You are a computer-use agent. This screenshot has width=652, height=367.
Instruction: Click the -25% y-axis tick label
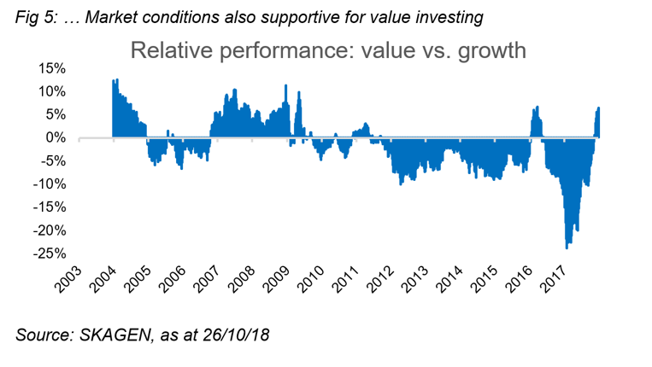(x=50, y=253)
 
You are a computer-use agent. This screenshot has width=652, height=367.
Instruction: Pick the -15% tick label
(x=50, y=207)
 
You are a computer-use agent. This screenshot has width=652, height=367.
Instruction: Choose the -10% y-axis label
(x=50, y=184)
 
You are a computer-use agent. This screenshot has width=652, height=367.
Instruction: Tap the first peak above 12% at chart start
(x=115, y=81)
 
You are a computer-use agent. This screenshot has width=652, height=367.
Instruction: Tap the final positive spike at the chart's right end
(x=599, y=109)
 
